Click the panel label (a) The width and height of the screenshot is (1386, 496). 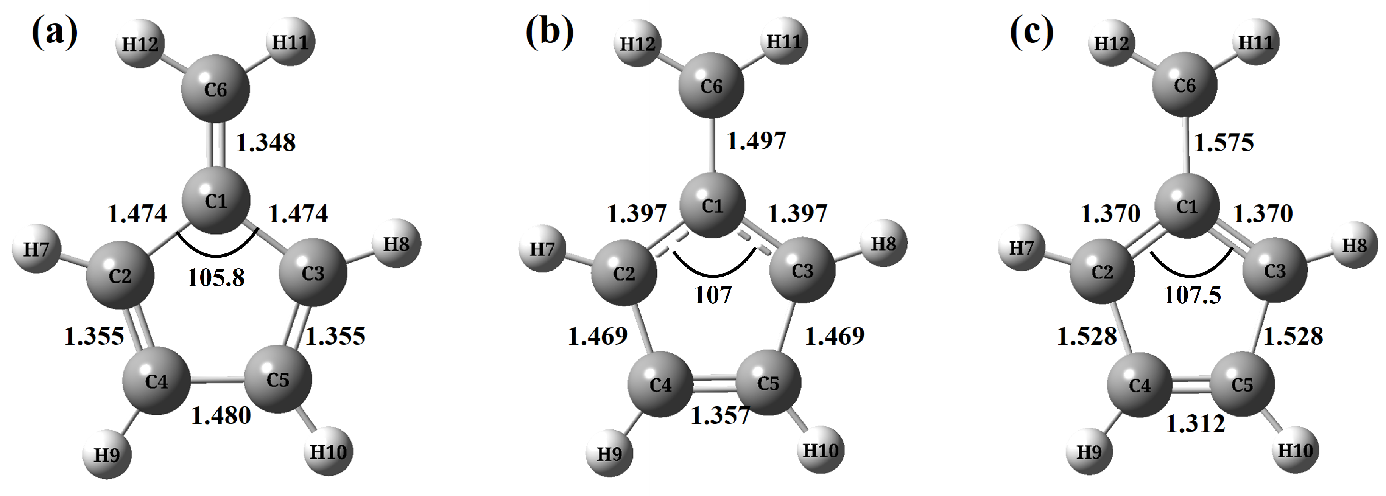(55, 33)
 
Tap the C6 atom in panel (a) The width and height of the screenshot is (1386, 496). (216, 89)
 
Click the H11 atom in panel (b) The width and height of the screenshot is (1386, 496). (783, 41)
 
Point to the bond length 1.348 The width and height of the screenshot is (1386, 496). (266, 143)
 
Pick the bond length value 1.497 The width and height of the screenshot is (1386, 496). (757, 141)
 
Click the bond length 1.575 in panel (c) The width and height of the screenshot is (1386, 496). (1224, 143)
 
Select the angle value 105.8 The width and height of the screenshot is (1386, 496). (216, 278)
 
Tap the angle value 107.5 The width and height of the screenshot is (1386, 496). (1192, 295)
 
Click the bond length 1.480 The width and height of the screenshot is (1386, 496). (221, 415)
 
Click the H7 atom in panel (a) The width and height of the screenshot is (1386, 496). (37, 250)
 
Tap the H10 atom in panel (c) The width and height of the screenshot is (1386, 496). (1295, 450)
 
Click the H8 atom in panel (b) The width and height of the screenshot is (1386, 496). (883, 244)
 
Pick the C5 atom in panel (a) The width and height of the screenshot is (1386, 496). (278, 380)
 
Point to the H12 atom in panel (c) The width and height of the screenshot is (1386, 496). (1112, 43)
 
